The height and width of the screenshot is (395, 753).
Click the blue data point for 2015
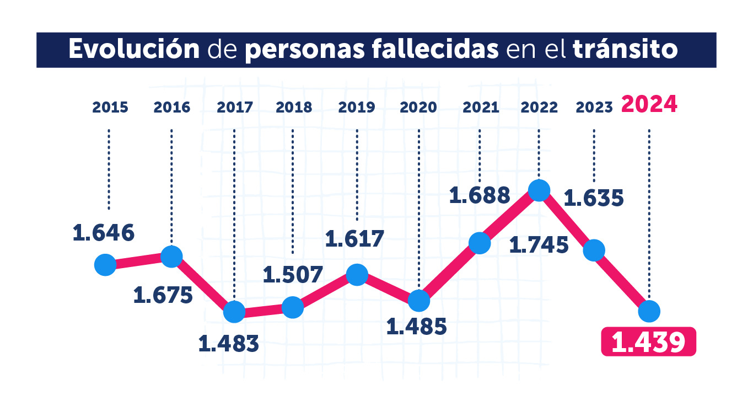coord(105,265)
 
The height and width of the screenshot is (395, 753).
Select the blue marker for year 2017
coord(234,312)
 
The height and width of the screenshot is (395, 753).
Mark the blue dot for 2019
coord(357,274)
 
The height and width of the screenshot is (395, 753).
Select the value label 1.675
coord(163,295)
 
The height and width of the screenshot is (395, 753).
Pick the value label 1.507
coord(292,274)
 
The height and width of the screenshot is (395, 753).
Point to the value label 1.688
coord(480,195)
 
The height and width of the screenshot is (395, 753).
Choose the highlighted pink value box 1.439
coord(648,343)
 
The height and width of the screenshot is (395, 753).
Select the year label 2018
coord(293,107)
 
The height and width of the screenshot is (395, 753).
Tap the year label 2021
coord(481,107)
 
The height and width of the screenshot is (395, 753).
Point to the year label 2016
coord(172,107)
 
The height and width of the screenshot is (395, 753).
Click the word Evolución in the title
coord(134,50)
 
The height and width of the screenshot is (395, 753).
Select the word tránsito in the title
coord(625,50)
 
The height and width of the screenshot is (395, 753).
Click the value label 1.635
coord(594,197)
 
